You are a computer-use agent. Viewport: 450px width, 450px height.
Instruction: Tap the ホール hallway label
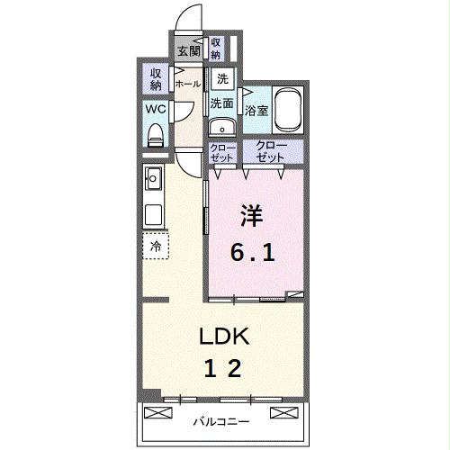click(187, 84)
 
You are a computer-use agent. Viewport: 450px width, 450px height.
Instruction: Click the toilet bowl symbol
click(155, 135)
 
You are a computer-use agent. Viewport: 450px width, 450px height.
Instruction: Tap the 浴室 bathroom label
click(256, 112)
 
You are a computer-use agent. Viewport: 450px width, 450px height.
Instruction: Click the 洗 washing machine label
click(222, 79)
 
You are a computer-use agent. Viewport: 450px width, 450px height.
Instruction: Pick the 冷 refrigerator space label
click(156, 245)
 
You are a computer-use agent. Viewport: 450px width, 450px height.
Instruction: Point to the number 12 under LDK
click(222, 368)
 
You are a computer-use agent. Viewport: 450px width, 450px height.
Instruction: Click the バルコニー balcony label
click(221, 420)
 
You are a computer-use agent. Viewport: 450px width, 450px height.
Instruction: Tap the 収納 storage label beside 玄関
click(216, 48)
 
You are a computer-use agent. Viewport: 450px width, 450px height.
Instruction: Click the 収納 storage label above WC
click(155, 79)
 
